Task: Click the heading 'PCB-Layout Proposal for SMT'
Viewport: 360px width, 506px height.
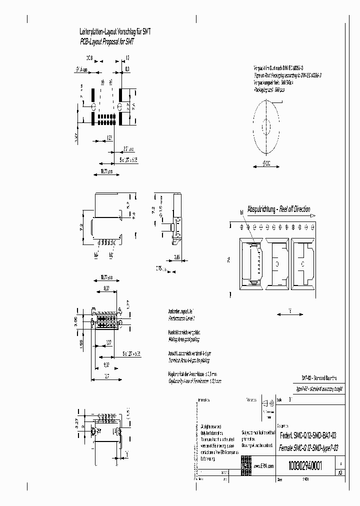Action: (107, 42)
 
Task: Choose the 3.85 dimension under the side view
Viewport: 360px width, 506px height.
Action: (176, 257)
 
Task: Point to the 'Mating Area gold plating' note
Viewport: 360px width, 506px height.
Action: (183, 339)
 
